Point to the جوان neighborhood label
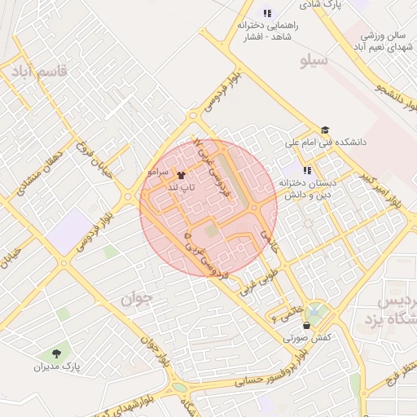click(136, 299)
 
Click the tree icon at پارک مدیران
click(56, 353)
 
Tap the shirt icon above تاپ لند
click(181, 174)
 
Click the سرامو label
click(158, 174)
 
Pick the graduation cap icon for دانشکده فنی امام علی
click(325, 129)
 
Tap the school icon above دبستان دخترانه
click(307, 170)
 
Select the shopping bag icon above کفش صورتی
click(305, 324)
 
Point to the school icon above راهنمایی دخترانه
click(267, 13)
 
